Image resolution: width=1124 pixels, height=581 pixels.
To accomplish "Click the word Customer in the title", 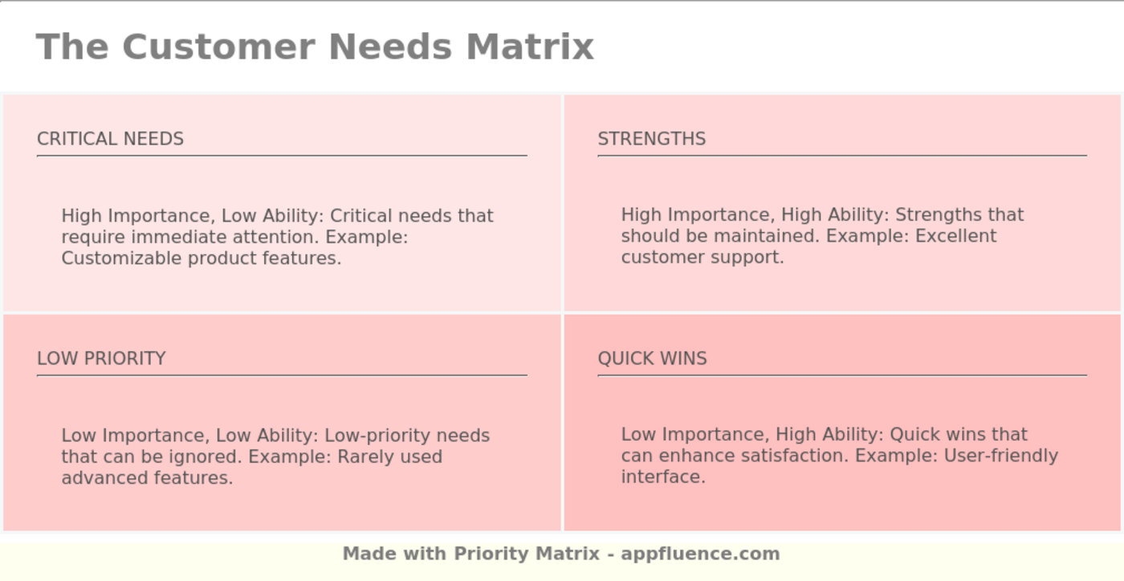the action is point(218,47).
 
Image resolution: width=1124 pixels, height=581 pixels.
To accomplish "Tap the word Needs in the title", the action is point(390,47).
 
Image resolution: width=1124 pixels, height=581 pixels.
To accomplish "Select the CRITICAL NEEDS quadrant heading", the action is point(111,139).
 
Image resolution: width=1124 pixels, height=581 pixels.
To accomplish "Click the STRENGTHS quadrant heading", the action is point(652,139).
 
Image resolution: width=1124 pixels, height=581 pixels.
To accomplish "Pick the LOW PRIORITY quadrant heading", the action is point(101,359).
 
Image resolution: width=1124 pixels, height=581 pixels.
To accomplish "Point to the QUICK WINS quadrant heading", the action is point(652,359).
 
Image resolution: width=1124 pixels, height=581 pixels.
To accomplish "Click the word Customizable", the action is point(122,258).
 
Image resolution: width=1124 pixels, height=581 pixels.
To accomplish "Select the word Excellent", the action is point(956,236).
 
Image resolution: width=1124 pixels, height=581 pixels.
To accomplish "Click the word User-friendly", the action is point(1001,456).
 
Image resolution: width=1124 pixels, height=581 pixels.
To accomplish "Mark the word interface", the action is point(663,477).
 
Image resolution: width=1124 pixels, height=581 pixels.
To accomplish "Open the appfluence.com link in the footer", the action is point(700,554).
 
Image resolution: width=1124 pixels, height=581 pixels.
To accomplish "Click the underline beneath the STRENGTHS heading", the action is point(842,156).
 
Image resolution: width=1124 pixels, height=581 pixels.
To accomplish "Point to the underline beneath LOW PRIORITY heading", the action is point(282,375).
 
